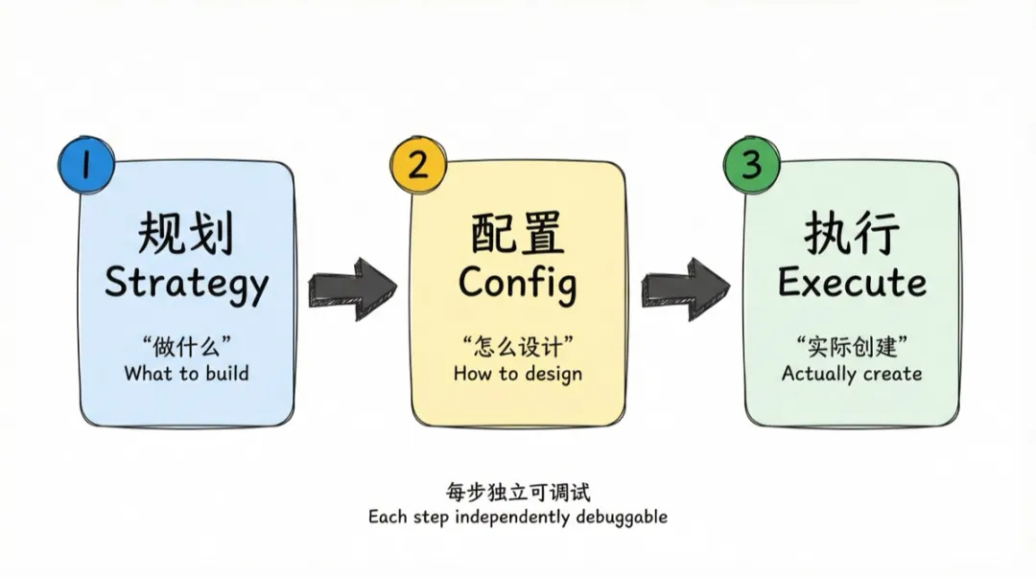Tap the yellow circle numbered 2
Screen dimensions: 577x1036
[x=418, y=166]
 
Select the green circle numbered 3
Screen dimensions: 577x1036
[x=751, y=166]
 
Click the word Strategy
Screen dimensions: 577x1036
[x=186, y=284]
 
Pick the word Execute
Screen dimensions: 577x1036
[x=852, y=283]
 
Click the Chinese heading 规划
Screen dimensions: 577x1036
[x=186, y=233]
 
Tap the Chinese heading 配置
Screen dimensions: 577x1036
[x=517, y=233]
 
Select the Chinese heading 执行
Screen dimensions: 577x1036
[x=852, y=233]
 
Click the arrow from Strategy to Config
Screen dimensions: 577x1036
[x=352, y=285]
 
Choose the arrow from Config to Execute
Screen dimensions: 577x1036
[x=685, y=285]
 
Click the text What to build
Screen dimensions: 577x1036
[x=186, y=374]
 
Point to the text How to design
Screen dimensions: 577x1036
[x=518, y=374]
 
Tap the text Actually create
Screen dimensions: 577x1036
[x=852, y=374]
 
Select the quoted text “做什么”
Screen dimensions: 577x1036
[x=186, y=346]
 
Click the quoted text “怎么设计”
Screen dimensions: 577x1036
[x=518, y=346]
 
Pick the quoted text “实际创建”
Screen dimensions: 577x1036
[x=852, y=346]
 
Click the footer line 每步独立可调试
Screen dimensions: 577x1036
[x=518, y=493]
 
